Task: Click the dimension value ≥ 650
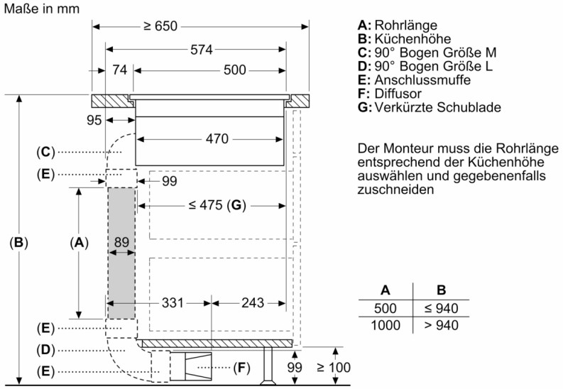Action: pos(161,27)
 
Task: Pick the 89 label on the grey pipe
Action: pos(121,242)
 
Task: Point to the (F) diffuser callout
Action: pos(242,368)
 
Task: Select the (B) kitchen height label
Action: pos(19,243)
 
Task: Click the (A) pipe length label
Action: pos(80,243)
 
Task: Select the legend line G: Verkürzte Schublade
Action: pos(430,107)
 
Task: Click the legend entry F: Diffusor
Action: pos(390,94)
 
